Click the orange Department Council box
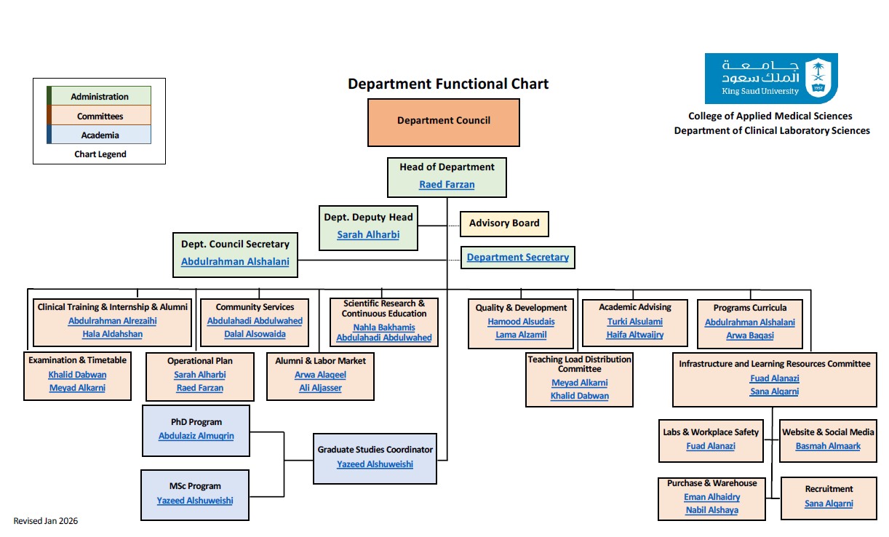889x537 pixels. (443, 121)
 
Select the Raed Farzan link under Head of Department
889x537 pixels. (447, 185)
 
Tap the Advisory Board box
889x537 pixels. (504, 223)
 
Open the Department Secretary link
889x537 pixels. (517, 258)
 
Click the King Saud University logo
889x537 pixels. (770, 78)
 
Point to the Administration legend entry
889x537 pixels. (100, 97)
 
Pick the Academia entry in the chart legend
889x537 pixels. (100, 135)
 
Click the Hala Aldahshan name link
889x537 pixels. (112, 335)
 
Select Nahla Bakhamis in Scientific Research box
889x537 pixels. (384, 327)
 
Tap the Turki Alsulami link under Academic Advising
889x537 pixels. (635, 322)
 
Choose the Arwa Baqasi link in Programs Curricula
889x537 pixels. (749, 336)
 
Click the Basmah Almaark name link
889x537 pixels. (828, 446)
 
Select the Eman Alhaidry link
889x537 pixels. (711, 497)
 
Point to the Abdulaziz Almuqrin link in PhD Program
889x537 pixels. (196, 437)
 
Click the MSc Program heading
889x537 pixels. (196, 486)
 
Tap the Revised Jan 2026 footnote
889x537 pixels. (46, 521)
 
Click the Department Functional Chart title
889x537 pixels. (448, 84)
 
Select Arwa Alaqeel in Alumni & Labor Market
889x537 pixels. (320, 375)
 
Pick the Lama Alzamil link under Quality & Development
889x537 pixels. (521, 335)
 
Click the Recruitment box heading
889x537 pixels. (829, 489)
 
